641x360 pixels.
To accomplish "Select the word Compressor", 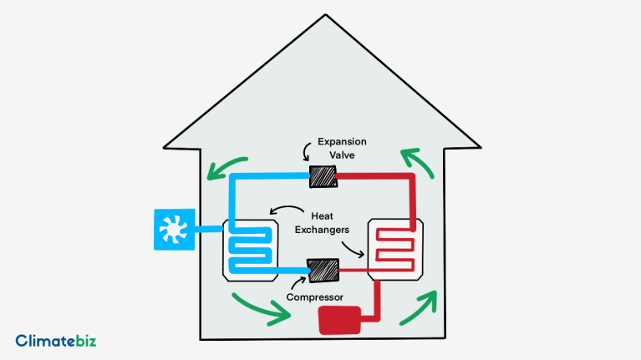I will coord(314,297).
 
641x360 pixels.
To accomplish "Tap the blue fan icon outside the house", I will coord(176,228).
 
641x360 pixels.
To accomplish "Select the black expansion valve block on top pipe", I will coord(322,177).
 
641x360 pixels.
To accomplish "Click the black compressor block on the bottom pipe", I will coord(323,271).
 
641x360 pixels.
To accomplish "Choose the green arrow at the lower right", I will coord(418,309).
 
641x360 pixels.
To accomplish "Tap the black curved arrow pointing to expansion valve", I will coord(307,150).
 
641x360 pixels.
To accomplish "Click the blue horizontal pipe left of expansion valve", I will coord(267,177).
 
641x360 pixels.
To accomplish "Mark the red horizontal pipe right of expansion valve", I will coord(372,177).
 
